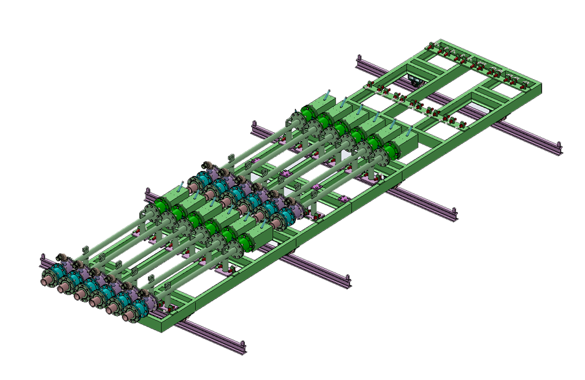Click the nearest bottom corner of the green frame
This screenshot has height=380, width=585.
click(x=162, y=327)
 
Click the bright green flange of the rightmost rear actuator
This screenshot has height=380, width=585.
click(x=390, y=152)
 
